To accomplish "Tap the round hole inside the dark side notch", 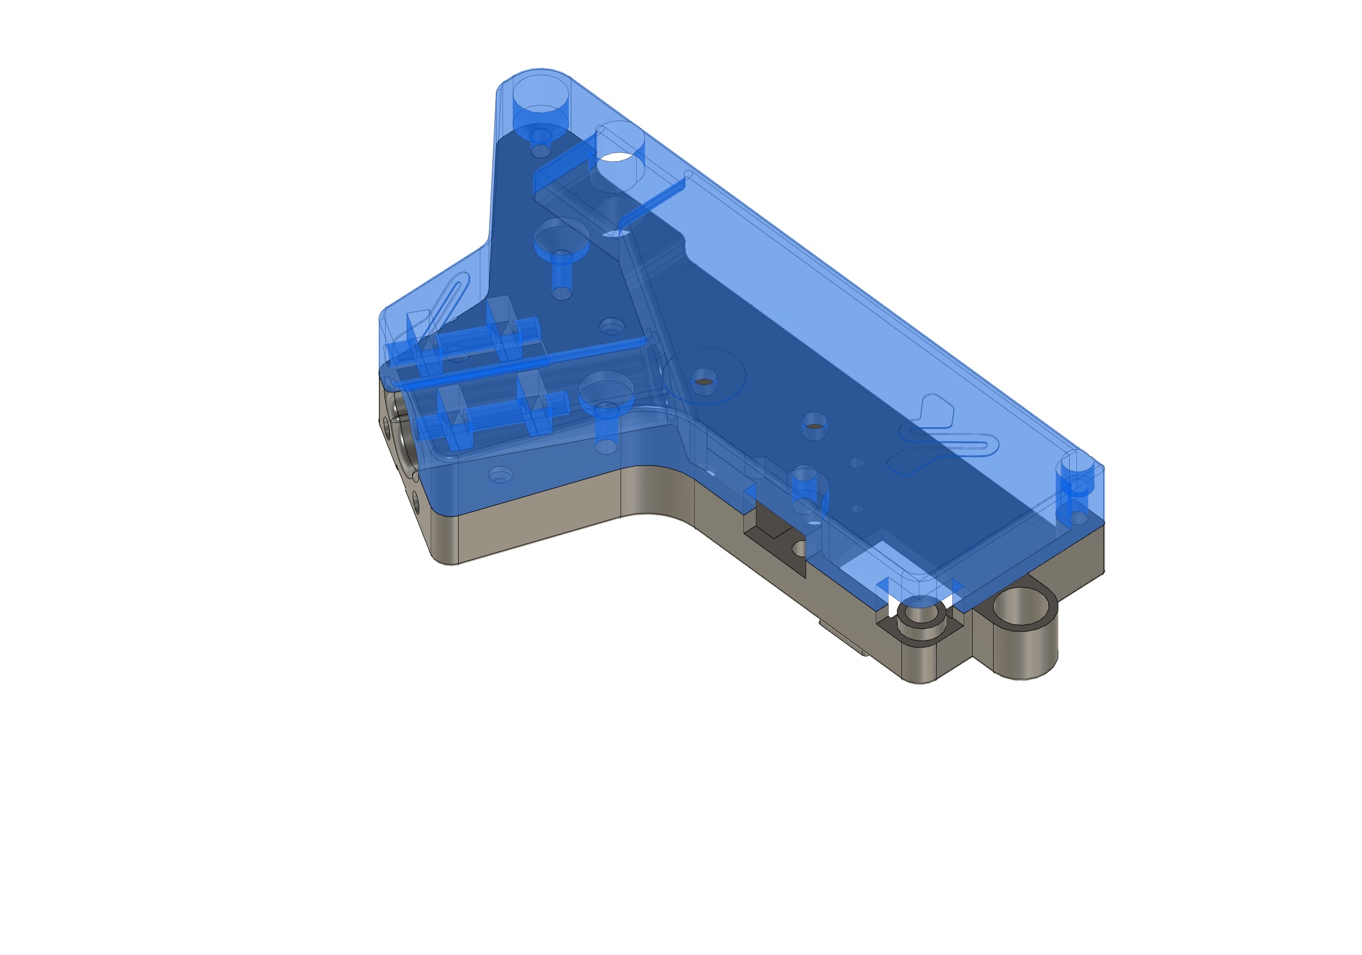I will pos(798,548).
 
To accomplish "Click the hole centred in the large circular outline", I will pos(704,382).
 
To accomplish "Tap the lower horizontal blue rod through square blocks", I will pos(497,414).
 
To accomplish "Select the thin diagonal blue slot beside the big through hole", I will pos(656,198).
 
